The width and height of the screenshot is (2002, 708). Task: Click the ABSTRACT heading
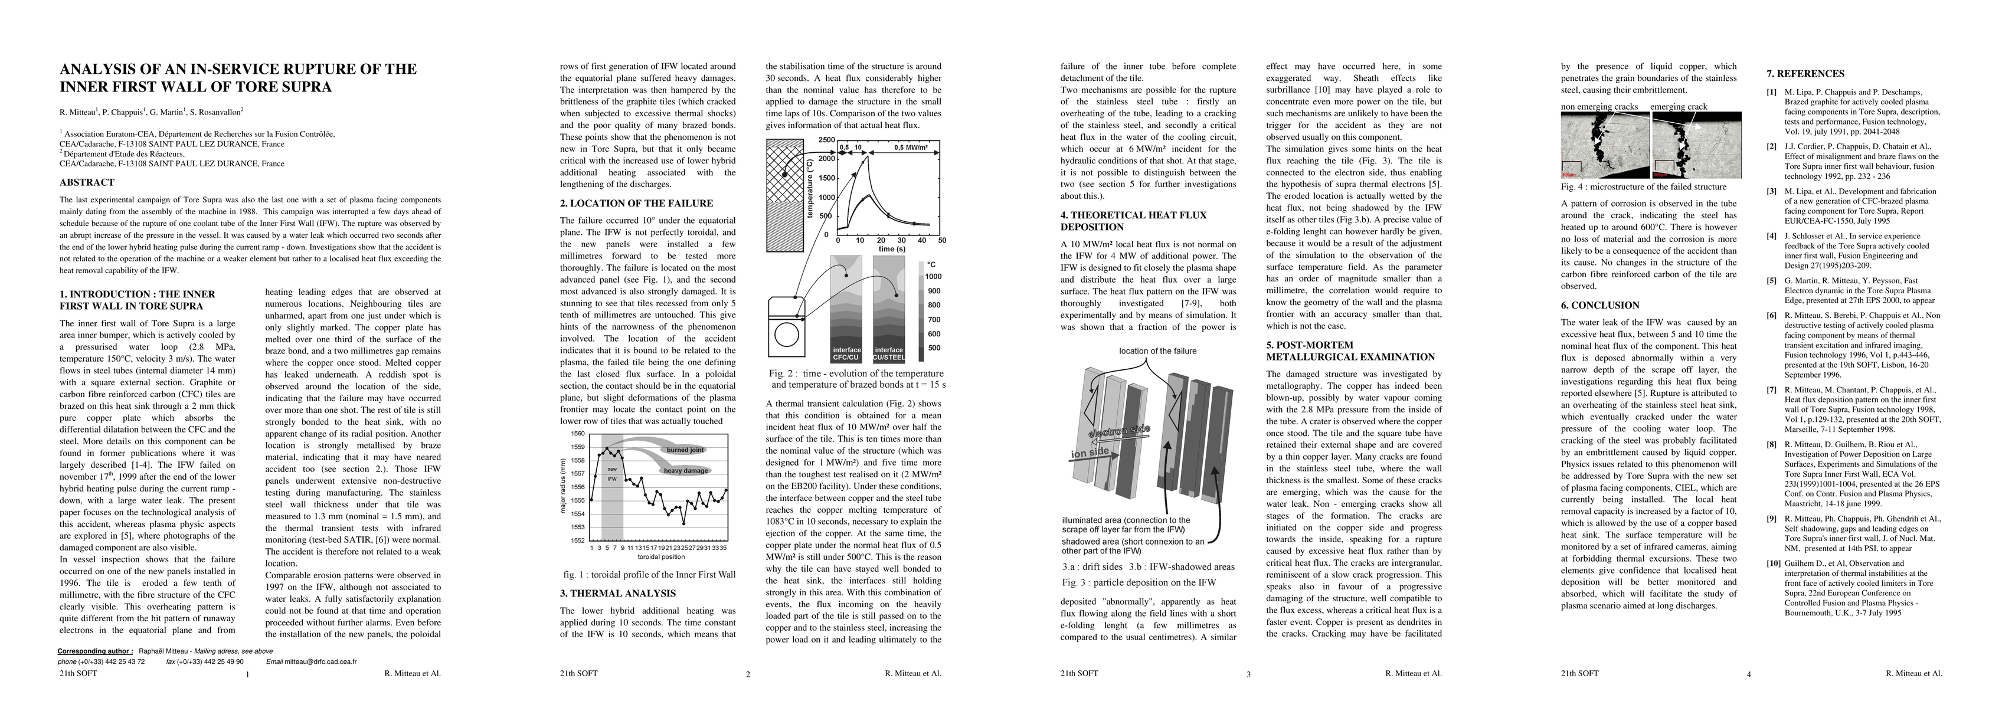87,183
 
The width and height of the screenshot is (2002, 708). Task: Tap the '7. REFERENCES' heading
1805,74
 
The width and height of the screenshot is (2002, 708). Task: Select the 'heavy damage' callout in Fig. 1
685,471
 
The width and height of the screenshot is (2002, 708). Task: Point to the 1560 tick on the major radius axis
577,434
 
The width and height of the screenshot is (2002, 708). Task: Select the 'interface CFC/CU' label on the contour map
846,353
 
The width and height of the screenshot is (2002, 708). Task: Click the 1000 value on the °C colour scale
933,277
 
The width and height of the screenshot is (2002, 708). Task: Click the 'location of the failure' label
1157,351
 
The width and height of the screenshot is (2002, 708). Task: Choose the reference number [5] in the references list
1764,281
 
